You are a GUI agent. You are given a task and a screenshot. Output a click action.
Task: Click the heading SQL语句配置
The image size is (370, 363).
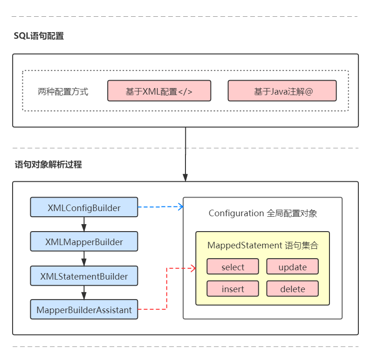pyautogui.click(x=39, y=36)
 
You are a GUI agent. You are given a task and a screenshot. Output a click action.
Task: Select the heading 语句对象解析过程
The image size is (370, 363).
pyautogui.click(x=48, y=164)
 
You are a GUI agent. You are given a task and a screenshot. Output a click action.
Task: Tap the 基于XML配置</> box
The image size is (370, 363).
pyautogui.click(x=159, y=91)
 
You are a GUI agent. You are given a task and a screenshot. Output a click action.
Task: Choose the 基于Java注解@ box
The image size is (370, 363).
pyautogui.click(x=282, y=91)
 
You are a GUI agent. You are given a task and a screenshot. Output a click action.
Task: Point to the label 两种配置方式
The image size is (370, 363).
pyautogui.click(x=63, y=92)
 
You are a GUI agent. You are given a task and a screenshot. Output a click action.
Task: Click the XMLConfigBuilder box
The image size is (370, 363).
pyautogui.click(x=84, y=207)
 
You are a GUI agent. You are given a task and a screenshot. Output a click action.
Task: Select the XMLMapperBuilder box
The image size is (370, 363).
pyautogui.click(x=84, y=242)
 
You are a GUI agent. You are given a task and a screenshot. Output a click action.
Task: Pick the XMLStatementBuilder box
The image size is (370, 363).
pyautogui.click(x=84, y=276)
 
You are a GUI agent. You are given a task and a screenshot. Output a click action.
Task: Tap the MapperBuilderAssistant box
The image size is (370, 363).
pyautogui.click(x=84, y=310)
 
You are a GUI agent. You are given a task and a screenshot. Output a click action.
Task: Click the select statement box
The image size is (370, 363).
pyautogui.click(x=233, y=267)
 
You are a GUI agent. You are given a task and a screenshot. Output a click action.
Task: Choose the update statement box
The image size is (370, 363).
pyautogui.click(x=292, y=267)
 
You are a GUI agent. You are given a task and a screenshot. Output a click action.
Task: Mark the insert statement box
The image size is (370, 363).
pyautogui.click(x=233, y=289)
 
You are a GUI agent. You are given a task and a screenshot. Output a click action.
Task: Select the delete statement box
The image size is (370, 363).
pyautogui.click(x=292, y=289)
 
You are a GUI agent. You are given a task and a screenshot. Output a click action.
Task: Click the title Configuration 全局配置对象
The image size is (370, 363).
pyautogui.click(x=262, y=213)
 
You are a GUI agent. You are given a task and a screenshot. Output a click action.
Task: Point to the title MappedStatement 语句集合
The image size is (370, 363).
pyautogui.click(x=262, y=245)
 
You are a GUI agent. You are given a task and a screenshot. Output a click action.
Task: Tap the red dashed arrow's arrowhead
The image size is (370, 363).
pyautogui.click(x=192, y=268)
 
